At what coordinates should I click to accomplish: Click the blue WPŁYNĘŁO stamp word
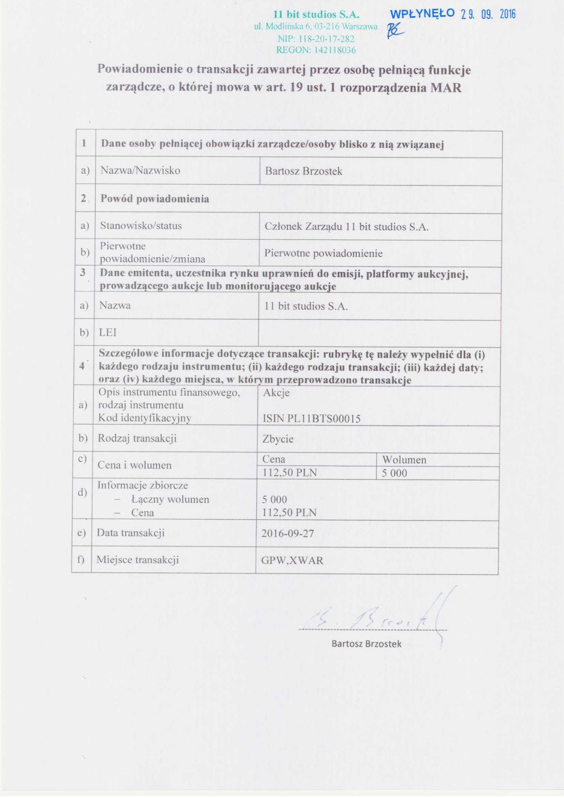(422, 14)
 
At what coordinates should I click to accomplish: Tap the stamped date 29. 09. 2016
(488, 14)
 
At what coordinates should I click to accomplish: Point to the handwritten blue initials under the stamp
(397, 32)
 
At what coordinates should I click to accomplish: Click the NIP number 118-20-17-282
(316, 39)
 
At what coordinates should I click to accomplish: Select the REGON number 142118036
(316, 50)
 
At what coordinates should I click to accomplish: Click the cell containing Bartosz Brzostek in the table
(303, 171)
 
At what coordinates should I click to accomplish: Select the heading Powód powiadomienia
(154, 199)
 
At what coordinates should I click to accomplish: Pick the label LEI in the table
(108, 333)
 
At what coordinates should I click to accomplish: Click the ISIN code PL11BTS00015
(312, 419)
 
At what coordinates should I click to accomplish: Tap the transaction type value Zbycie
(278, 439)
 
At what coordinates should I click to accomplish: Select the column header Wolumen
(404, 460)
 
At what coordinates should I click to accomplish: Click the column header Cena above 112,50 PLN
(274, 459)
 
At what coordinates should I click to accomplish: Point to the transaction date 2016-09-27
(287, 534)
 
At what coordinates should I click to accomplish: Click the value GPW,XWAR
(292, 560)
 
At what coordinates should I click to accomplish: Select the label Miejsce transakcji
(137, 560)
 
